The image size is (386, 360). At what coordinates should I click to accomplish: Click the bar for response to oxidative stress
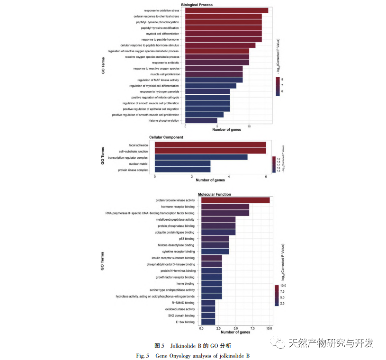click(x=226, y=10)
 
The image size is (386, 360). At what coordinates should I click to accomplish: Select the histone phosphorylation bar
click(x=201, y=120)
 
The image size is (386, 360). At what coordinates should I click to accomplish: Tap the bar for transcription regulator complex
click(x=201, y=157)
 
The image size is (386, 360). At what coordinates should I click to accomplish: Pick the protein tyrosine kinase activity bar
click(x=235, y=200)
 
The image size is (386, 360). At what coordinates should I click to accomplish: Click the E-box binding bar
click(x=208, y=322)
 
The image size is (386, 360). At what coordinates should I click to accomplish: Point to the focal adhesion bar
click(x=210, y=145)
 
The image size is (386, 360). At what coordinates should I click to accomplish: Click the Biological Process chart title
click(x=197, y=5)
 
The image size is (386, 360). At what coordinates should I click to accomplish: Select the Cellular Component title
click(x=166, y=137)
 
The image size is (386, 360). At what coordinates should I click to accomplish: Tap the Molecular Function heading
click(x=215, y=194)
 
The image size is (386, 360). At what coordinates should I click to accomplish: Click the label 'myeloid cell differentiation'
click(x=163, y=34)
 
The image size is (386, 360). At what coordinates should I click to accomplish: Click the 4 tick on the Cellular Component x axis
click(x=229, y=177)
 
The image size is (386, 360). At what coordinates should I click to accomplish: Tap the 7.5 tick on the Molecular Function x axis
click(x=252, y=328)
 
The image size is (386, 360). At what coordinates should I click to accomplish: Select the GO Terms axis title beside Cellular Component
click(x=103, y=156)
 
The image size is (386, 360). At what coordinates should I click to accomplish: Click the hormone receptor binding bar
click(x=225, y=207)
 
